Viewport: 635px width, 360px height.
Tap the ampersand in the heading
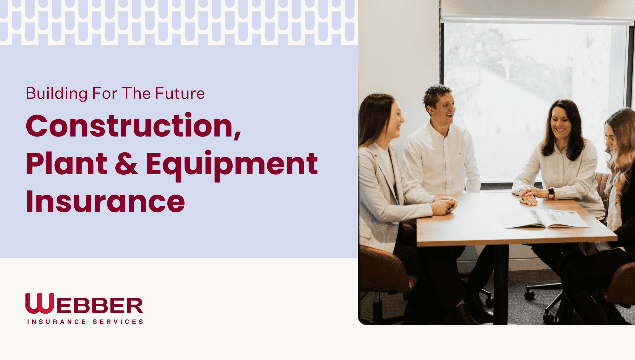click(126, 163)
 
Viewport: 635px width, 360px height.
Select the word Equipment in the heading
click(232, 165)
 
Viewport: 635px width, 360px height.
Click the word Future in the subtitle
click(180, 93)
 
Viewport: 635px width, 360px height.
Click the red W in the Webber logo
click(39, 303)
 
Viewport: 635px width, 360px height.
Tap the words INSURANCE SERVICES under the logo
click(85, 322)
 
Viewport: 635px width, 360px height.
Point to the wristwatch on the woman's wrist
click(551, 193)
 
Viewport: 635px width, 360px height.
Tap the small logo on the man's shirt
click(459, 154)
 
